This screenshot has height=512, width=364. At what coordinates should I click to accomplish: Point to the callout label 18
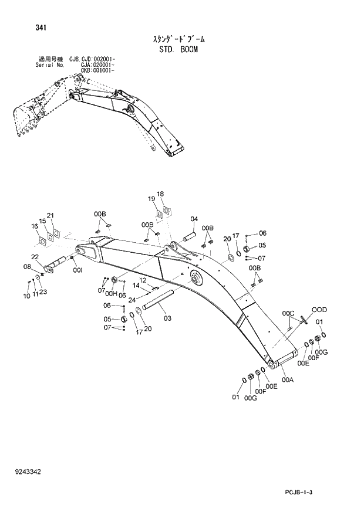point(160,194)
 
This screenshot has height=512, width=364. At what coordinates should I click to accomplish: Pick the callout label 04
point(194,219)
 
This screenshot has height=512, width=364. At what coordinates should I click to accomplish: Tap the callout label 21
point(50,215)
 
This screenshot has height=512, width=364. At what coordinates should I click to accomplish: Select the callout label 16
point(34,226)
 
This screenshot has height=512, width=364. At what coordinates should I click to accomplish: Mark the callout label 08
point(26,267)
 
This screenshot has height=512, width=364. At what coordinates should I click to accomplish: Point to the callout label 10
point(26,296)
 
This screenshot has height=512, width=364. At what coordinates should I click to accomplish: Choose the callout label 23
point(43,292)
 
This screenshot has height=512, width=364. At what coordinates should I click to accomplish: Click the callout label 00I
point(77,270)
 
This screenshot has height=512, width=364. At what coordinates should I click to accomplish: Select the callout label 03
point(167,318)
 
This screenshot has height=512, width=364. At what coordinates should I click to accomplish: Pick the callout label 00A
point(288,379)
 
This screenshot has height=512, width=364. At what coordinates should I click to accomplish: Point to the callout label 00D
point(319,309)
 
